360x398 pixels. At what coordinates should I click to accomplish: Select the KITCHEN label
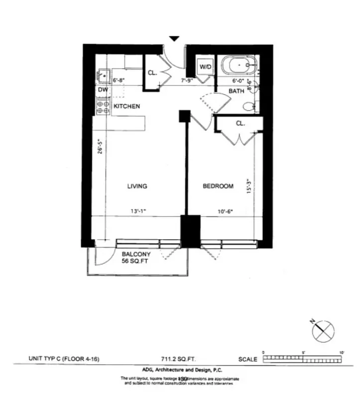(x=126, y=106)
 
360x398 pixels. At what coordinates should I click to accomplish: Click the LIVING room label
(x=137, y=187)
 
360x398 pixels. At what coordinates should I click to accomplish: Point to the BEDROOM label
(x=218, y=187)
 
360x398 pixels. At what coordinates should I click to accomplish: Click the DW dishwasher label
(x=103, y=90)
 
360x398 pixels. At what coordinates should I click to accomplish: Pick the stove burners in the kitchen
(x=104, y=106)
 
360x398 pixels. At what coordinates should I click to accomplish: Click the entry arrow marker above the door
(x=174, y=38)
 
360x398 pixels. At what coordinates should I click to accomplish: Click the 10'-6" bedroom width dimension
(x=225, y=211)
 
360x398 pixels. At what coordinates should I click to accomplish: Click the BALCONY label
(x=136, y=254)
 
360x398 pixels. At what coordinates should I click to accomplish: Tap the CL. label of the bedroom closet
(x=240, y=123)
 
